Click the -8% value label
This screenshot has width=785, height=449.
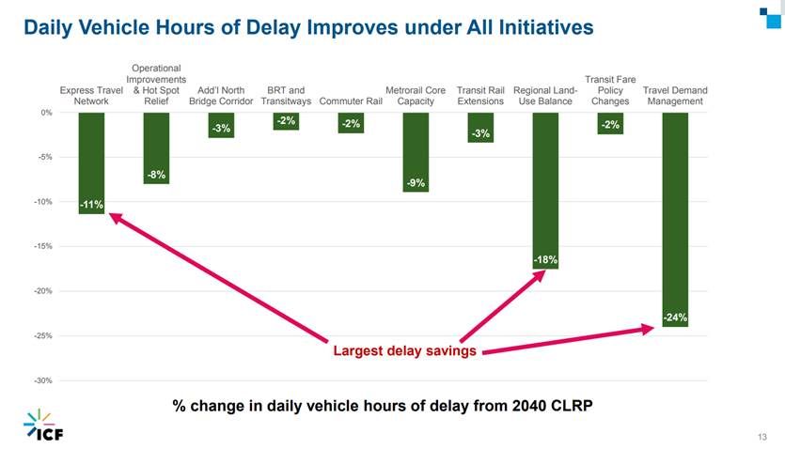point(156,175)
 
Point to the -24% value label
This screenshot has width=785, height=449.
point(675,318)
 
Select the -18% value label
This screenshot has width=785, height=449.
point(545,260)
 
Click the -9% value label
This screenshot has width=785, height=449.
point(416,183)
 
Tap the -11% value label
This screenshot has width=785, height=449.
point(91,204)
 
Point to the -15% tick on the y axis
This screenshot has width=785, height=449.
point(42,246)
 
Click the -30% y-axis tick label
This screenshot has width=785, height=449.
point(42,380)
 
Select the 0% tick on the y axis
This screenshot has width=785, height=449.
point(46,113)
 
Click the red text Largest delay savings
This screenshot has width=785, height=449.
point(405,351)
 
